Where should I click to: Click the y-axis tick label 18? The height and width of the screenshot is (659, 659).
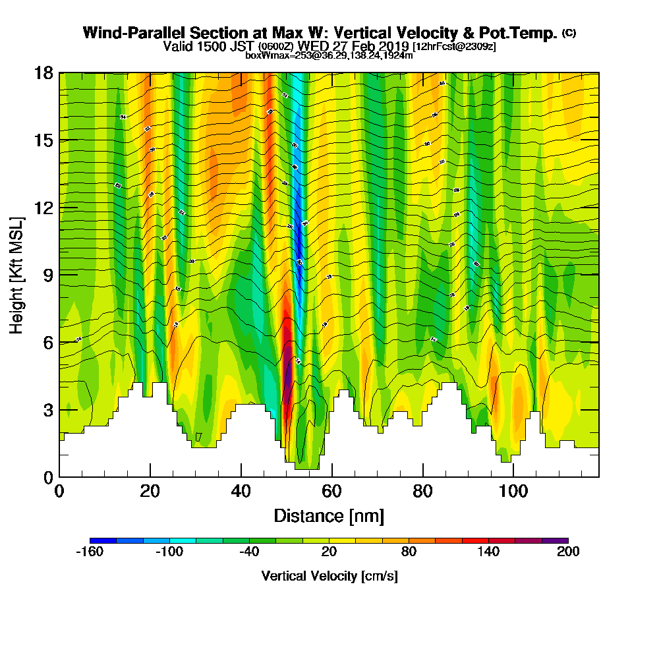43,72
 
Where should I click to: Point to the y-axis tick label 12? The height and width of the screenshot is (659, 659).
43,207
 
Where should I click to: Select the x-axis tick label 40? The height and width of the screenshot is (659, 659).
241,492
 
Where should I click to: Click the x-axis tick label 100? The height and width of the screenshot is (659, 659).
513,492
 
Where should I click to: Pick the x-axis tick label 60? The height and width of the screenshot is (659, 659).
332,492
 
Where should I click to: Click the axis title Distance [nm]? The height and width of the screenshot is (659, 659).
329,515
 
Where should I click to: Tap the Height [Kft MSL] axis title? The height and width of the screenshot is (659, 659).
16,274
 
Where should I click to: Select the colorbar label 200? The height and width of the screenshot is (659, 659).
568,552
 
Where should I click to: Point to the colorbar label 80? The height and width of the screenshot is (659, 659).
409,552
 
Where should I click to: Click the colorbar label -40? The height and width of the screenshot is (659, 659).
249,552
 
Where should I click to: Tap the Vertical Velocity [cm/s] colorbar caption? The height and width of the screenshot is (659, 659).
329,576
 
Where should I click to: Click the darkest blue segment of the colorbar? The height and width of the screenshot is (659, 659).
103,540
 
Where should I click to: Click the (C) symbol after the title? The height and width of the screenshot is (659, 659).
569,32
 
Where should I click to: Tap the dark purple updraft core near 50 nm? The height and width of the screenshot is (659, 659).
288,376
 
